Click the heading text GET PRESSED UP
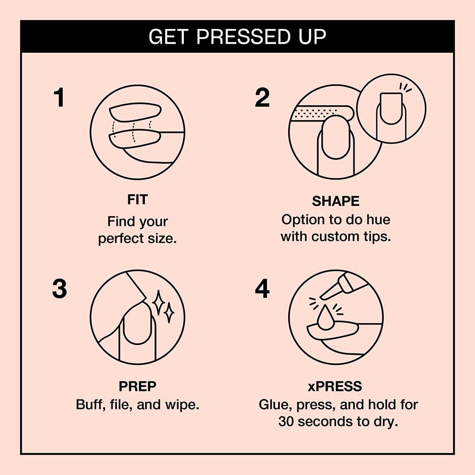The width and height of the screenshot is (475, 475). tap(237, 37)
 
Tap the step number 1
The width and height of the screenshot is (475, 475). tap(58, 98)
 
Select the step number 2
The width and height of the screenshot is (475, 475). tap(262, 98)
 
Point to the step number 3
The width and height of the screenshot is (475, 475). tap(59, 289)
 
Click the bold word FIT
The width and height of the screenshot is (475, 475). tap(137, 199)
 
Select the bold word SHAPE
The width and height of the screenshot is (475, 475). tap(335, 201)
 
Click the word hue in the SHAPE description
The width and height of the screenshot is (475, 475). tap(377, 219)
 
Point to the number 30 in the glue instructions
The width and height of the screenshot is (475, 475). tap(288, 421)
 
